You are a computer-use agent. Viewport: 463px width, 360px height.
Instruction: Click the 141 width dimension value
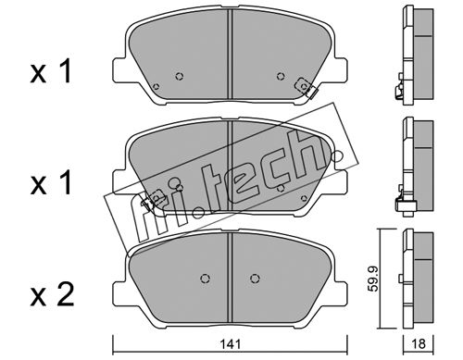pyautogui.click(x=231, y=344)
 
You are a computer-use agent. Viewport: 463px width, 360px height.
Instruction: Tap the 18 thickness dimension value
pyautogui.click(x=419, y=344)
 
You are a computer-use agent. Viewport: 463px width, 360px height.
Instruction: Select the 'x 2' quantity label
pyautogui.click(x=52, y=295)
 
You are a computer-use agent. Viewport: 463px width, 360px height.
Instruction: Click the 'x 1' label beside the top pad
pyautogui.click(x=51, y=72)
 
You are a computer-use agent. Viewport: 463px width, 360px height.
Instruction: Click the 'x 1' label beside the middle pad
pyautogui.click(x=51, y=183)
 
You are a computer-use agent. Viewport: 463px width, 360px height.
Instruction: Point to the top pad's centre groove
pyautogui.click(x=230, y=55)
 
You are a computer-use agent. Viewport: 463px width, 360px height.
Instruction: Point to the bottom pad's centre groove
pyautogui.click(x=230, y=278)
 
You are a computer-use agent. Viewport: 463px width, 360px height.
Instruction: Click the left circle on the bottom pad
pyautogui.click(x=205, y=279)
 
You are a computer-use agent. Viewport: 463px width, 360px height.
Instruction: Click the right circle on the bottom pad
pyautogui.click(x=255, y=279)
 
